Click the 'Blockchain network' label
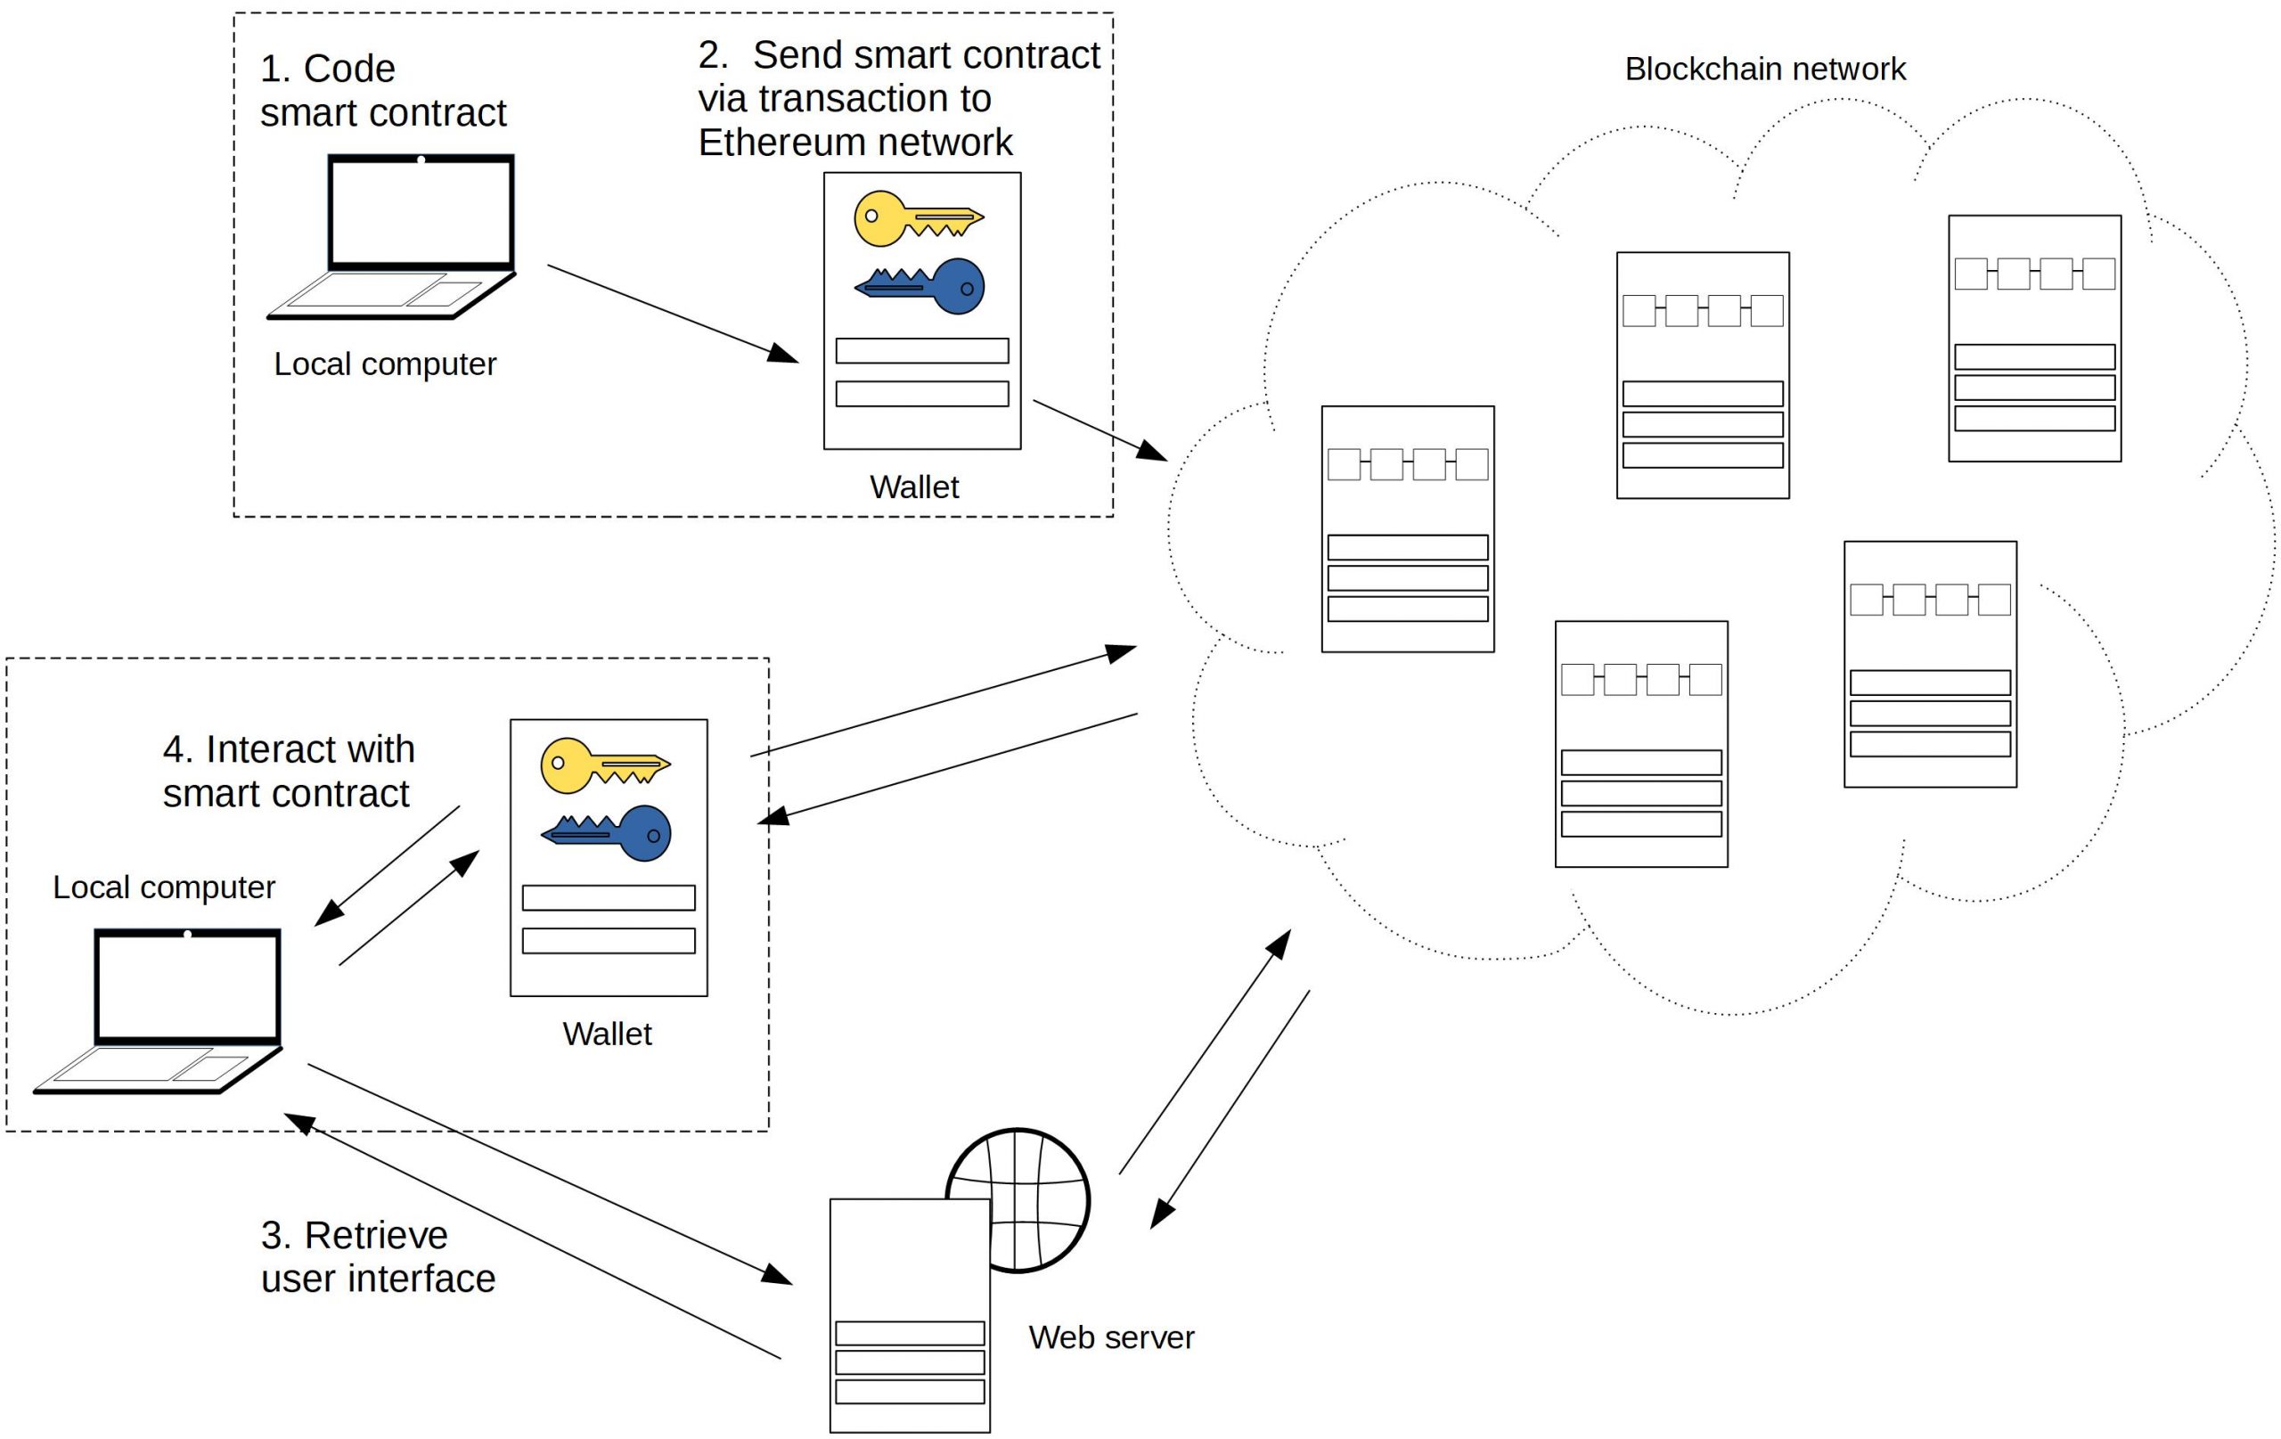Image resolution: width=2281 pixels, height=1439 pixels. (1764, 69)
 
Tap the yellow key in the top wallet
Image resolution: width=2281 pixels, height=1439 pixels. (917, 219)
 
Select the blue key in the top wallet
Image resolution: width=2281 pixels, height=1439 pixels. (920, 285)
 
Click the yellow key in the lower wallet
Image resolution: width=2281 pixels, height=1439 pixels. (604, 764)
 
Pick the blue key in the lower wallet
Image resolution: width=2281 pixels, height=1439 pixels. (607, 833)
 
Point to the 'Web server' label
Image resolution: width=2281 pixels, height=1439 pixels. (1110, 1337)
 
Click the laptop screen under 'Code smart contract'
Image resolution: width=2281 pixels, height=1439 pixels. (421, 212)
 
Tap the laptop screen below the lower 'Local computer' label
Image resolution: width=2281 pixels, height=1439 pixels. (187, 986)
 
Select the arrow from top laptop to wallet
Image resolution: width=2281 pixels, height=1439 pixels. (673, 314)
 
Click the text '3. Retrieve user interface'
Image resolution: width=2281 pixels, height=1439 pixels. (377, 1256)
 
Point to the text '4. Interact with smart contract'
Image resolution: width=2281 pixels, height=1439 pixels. (288, 770)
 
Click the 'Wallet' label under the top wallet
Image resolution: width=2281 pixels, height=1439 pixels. (913, 486)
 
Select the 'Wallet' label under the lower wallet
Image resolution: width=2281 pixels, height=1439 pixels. (606, 1034)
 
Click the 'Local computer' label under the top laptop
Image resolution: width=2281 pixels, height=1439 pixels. (385, 364)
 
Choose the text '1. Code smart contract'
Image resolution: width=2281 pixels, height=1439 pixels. (383, 91)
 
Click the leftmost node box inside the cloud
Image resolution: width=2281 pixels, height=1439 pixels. (1407, 528)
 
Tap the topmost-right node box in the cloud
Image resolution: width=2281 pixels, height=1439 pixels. (2034, 339)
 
